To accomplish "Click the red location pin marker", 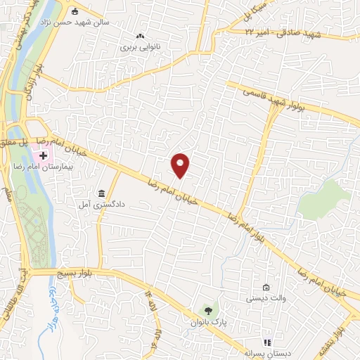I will pyautogui.click(x=181, y=165).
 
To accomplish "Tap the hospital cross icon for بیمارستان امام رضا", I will pyautogui.click(x=43, y=155).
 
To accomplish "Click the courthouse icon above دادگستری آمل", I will pyautogui.click(x=102, y=193).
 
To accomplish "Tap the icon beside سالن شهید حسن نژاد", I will pyautogui.click(x=75, y=11).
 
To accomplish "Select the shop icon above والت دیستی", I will pyautogui.click(x=266, y=287).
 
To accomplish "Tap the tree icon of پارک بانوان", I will pyautogui.click(x=207, y=310).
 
